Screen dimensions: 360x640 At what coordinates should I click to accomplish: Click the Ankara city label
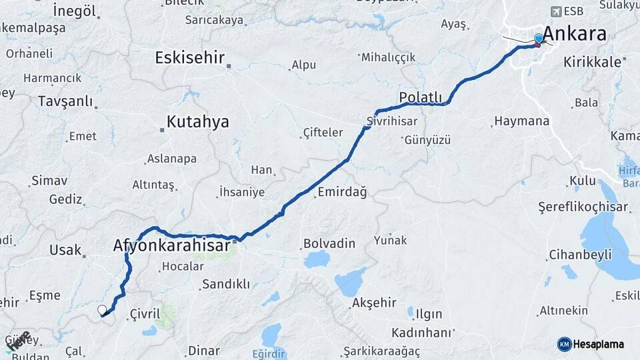(574, 33)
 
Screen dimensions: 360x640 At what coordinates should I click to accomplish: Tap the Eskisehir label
(189, 57)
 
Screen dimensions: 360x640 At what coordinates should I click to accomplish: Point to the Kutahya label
(197, 122)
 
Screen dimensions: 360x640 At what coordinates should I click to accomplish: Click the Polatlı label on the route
(420, 98)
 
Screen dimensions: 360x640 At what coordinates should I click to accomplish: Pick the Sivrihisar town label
(392, 122)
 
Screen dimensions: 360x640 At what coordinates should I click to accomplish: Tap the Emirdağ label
(342, 192)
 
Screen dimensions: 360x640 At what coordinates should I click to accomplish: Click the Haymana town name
(521, 121)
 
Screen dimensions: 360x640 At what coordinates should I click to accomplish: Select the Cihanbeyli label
(579, 255)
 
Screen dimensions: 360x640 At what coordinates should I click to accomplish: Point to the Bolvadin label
(329, 243)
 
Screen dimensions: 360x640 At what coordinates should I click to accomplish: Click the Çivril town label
(145, 313)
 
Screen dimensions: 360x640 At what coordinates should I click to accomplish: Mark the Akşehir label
(373, 303)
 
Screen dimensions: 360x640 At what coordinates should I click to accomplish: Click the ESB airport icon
(556, 11)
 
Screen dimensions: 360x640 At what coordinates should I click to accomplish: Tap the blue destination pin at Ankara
(539, 39)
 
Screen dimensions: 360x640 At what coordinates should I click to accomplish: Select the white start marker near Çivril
(102, 310)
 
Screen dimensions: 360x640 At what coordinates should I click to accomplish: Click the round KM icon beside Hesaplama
(565, 344)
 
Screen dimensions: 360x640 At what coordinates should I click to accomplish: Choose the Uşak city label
(65, 250)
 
